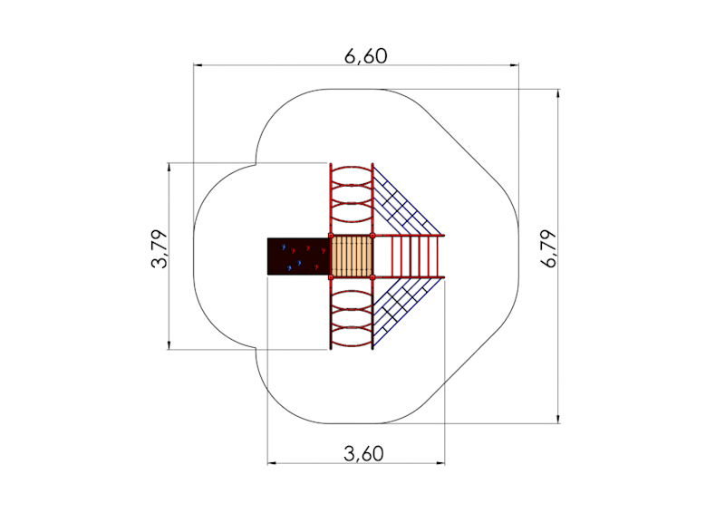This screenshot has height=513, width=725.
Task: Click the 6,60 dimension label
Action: click(x=366, y=56)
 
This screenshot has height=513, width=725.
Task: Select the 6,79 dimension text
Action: click(x=550, y=249)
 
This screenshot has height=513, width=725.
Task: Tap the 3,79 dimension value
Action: click(x=160, y=249)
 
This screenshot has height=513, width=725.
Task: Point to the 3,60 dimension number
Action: click(x=364, y=454)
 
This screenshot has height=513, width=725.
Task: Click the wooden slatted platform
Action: click(x=352, y=256)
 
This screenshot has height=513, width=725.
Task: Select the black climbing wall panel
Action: click(x=299, y=256)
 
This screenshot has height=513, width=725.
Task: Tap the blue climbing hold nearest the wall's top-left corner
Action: click(x=284, y=247)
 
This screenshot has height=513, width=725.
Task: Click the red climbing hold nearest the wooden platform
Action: click(x=324, y=251)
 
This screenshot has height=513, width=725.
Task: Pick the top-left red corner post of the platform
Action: click(x=331, y=236)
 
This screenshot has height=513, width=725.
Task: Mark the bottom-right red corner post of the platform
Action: click(x=372, y=277)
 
